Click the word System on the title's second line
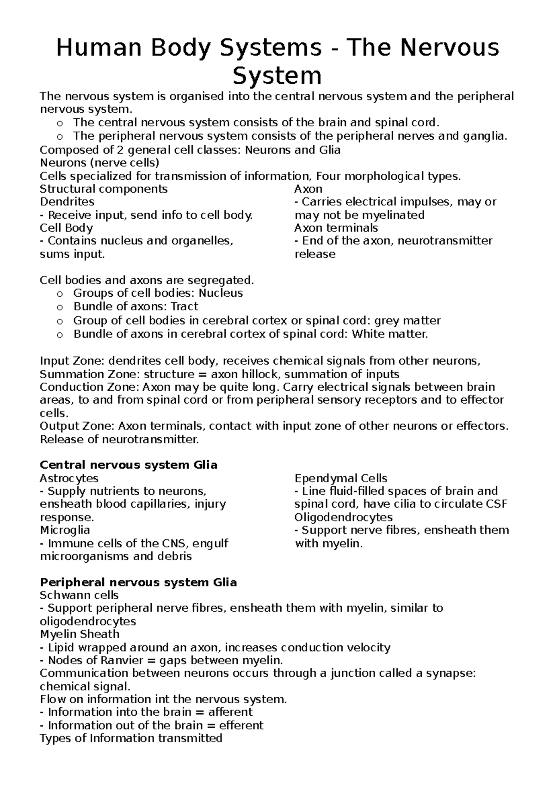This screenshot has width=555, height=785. coord(277,75)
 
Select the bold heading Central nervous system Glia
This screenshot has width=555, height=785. coord(129,465)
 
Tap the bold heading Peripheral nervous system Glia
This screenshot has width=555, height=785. coord(138,582)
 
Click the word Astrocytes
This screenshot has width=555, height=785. coord(69,478)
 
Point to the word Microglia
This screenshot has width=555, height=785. coord(65,530)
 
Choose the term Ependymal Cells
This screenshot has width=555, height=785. coord(341,478)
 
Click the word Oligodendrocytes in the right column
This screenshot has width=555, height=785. coord(343,517)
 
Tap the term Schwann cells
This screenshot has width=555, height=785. coord(79,595)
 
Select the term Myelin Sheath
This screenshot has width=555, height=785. coord(80,634)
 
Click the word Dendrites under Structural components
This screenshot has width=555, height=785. coord(67,202)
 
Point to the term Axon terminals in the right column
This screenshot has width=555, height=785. coord(336,228)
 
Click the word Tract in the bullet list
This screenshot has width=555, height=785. coord(184,307)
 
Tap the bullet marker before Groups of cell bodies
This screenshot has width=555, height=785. coord(59,294)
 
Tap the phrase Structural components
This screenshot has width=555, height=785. coord(104,189)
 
